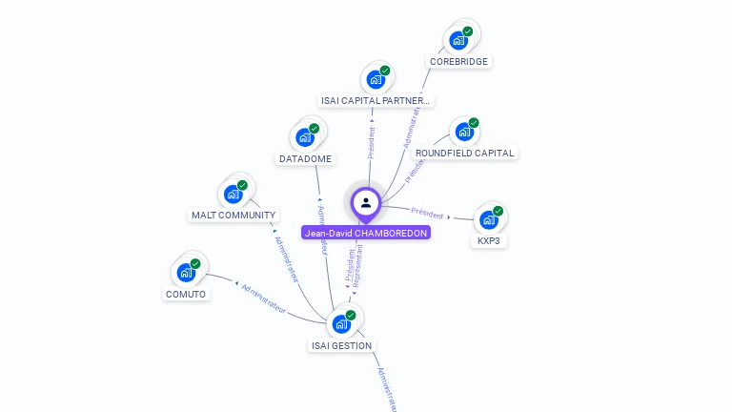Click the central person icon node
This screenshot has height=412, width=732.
coord(366,202)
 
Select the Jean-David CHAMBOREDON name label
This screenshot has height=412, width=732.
coord(366,233)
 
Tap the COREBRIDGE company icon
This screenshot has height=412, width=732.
coord(459,40)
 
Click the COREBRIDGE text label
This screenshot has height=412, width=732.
coord(458,62)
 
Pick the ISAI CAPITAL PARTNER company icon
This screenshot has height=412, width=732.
coord(376,79)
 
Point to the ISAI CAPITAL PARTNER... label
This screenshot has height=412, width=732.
coord(375,100)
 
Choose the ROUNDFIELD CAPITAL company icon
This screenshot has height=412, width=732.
coord(463,132)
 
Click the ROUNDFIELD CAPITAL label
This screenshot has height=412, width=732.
coord(464,153)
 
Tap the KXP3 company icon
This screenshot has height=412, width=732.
coord(489,219)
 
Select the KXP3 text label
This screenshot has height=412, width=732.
coord(489,241)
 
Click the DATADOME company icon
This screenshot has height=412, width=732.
coord(305,137)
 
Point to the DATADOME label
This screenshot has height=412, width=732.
coord(305,158)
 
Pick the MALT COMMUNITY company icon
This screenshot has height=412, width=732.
coord(234,194)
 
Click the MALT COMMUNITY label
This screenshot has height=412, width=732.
coord(234,216)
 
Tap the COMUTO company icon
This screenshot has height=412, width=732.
coord(186,273)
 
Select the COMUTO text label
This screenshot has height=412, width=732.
coord(186,294)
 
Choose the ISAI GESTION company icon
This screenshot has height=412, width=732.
coord(341,324)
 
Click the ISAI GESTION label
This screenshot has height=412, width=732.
coord(341,345)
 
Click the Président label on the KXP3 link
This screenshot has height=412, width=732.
coord(427,212)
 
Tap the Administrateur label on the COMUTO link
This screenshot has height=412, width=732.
coord(264,298)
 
